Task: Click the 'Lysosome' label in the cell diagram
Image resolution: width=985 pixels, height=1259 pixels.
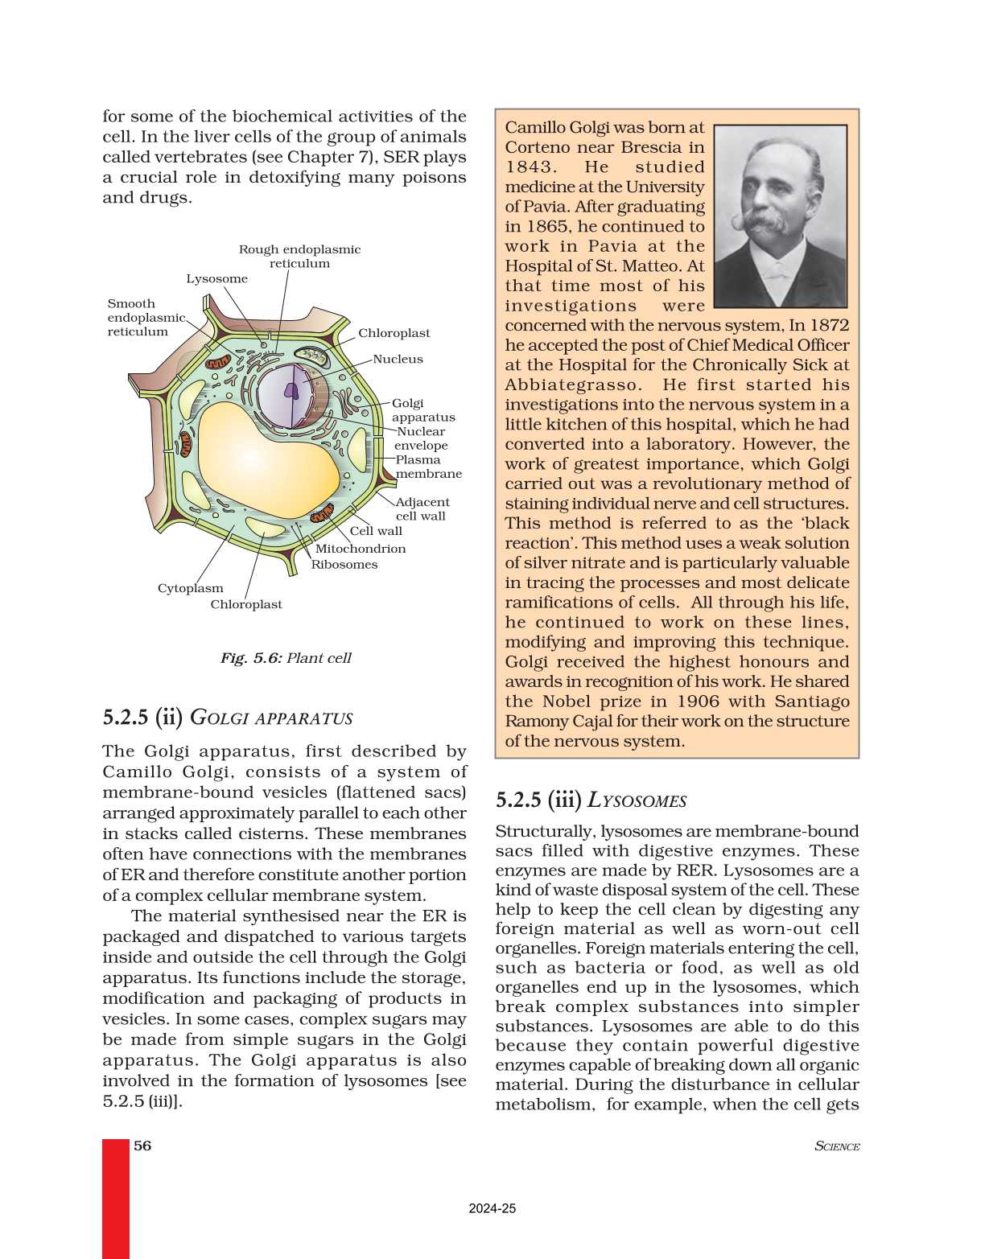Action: click(216, 279)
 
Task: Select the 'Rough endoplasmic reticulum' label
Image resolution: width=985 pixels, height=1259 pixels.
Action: click(299, 257)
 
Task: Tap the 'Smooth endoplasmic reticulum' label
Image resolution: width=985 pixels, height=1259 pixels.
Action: click(145, 318)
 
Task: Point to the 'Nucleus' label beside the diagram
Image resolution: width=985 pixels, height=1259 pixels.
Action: click(398, 360)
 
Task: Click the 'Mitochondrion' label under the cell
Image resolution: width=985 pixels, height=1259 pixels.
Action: click(360, 549)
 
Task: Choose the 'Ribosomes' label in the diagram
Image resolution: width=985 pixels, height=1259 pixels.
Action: click(344, 565)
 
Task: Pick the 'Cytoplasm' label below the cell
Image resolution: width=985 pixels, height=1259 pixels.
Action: click(190, 589)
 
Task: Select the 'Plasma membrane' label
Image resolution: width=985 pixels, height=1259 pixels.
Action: click(427, 467)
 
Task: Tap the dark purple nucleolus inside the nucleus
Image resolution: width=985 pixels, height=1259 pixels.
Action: click(291, 392)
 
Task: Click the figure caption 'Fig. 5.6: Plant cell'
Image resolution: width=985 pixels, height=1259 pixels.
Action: click(286, 658)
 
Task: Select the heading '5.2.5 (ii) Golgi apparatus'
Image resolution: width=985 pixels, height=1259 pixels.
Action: click(228, 718)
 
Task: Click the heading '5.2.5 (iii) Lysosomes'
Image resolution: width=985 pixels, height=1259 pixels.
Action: click(591, 800)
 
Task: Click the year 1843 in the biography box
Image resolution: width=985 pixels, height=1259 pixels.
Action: click(530, 167)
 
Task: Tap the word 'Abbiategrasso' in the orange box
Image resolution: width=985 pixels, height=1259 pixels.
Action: click(573, 385)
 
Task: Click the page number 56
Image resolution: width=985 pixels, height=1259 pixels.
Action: click(142, 1146)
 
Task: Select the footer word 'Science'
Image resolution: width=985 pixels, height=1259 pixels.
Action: click(837, 1146)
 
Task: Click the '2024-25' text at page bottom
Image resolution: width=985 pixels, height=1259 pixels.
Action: click(492, 1208)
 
